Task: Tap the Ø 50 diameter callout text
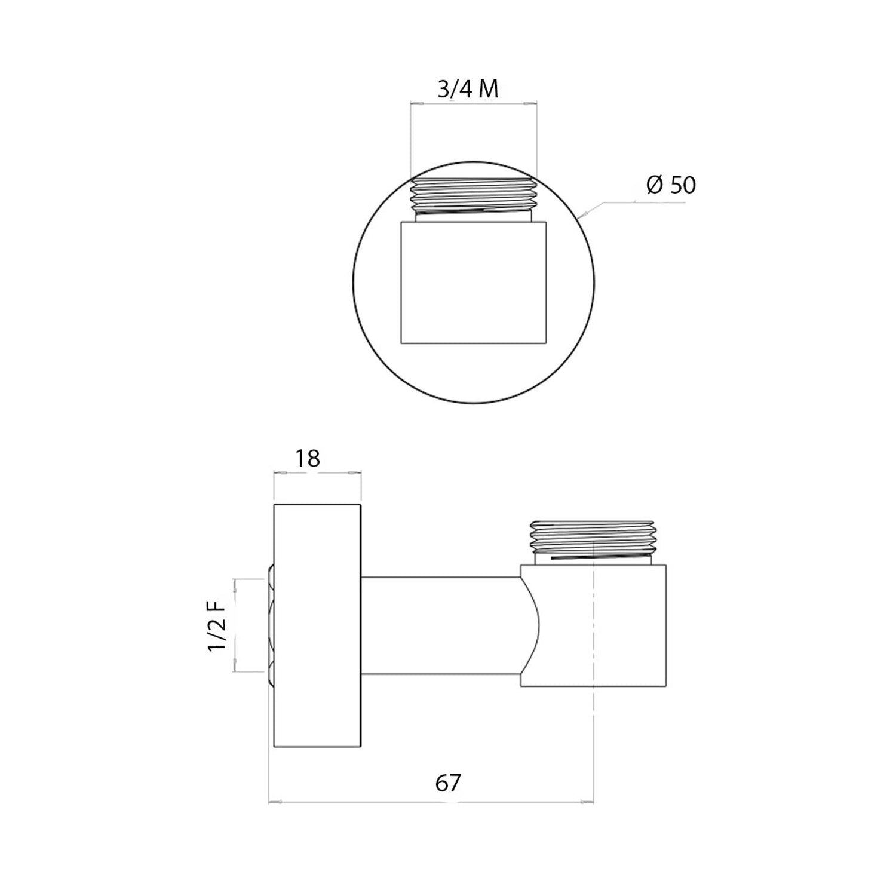tap(671, 185)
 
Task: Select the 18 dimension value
tap(308, 459)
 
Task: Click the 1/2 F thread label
tap(217, 625)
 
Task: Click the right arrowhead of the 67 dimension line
tap(590, 802)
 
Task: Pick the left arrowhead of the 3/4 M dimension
tap(415, 104)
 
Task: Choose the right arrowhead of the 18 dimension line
tap(357, 472)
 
